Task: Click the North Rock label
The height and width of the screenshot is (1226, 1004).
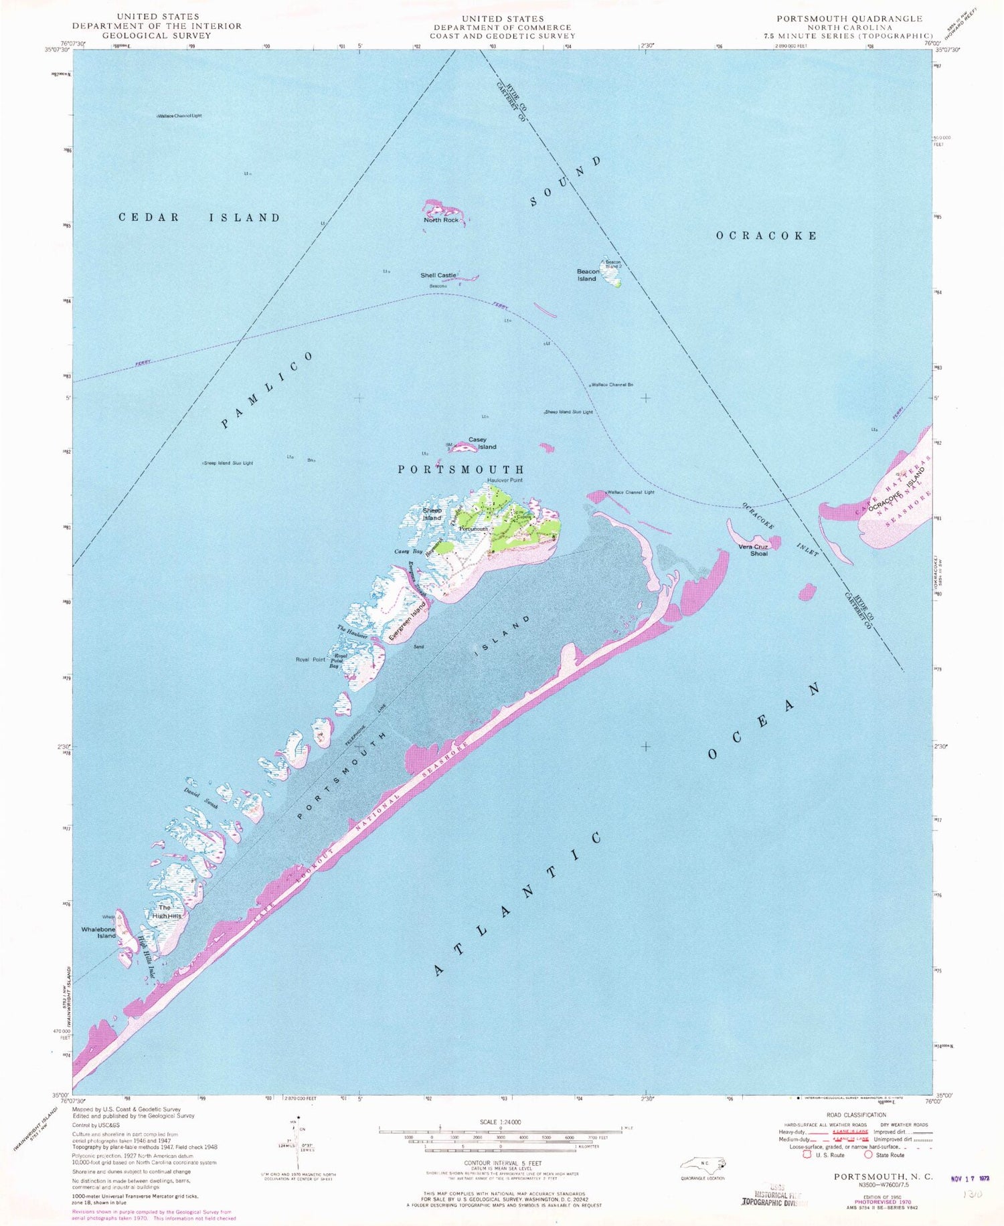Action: click(x=441, y=220)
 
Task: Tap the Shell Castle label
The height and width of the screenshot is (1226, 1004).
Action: click(x=438, y=275)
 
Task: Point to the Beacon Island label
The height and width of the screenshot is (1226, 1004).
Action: click(x=587, y=275)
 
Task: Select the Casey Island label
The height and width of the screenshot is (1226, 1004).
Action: click(x=482, y=443)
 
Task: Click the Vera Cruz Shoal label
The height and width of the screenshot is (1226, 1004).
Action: click(x=753, y=549)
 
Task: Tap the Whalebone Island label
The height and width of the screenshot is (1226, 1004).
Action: click(x=98, y=932)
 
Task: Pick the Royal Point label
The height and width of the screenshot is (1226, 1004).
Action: click(x=311, y=659)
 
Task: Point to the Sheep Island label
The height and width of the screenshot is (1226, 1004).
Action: click(x=432, y=514)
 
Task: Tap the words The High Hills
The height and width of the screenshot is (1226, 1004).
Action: click(x=166, y=911)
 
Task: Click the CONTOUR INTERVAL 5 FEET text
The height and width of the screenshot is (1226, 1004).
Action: click(x=501, y=1163)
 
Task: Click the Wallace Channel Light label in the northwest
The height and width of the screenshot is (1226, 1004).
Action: click(x=179, y=116)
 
